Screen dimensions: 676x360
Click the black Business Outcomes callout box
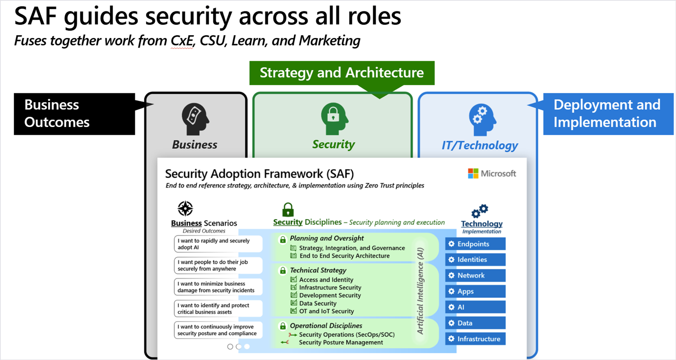(75, 114)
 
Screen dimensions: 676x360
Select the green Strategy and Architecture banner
(342, 73)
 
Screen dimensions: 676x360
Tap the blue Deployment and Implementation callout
(608, 114)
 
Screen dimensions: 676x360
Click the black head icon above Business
(195, 119)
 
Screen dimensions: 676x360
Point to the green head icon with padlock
(334, 119)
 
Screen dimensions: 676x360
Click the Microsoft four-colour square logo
(473, 174)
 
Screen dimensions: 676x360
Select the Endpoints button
(475, 244)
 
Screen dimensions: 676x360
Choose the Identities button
(475, 260)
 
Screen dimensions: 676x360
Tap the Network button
(475, 275)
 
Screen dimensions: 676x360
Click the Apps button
(475, 291)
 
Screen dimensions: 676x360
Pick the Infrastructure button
(475, 339)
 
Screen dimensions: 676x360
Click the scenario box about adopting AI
(218, 244)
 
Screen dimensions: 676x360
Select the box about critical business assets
(218, 309)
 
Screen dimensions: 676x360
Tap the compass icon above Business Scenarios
(185, 209)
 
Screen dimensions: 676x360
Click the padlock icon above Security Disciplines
(288, 210)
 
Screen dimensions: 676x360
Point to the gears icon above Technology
(480, 211)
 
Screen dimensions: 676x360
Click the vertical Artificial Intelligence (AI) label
(420, 291)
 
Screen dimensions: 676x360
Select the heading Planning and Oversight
(327, 238)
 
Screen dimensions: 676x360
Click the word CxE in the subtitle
(182, 41)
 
